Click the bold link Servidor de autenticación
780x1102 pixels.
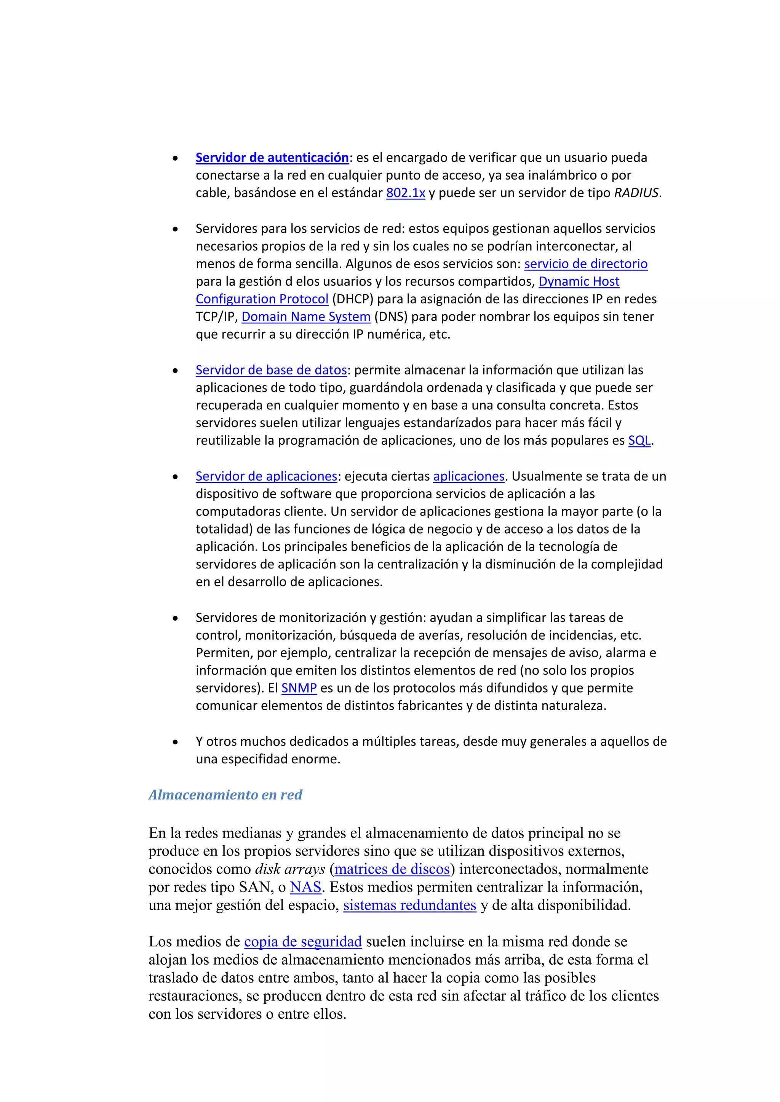pos(272,158)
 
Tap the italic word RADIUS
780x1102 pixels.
pos(636,193)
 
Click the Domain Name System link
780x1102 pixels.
pos(306,317)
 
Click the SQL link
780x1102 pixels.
pos(639,441)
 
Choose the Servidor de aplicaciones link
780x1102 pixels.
pos(266,476)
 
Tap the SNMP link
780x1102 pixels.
pos(299,688)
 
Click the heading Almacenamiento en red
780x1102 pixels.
pos(225,795)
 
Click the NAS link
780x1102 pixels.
pos(305,887)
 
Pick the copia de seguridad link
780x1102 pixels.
pos(302,942)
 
